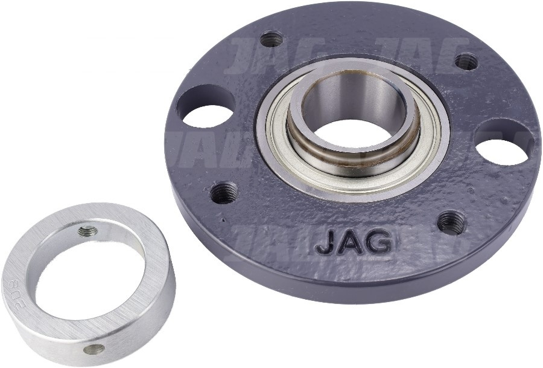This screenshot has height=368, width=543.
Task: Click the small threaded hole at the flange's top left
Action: [x=271, y=39]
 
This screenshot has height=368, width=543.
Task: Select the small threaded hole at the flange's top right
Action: [x=466, y=61]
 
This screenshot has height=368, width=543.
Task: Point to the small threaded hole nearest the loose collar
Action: [x=224, y=192]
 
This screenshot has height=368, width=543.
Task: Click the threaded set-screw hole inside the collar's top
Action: [x=88, y=230]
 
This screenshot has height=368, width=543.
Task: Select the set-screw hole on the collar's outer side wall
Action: [x=94, y=349]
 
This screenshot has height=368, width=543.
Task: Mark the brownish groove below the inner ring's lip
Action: [x=356, y=158]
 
